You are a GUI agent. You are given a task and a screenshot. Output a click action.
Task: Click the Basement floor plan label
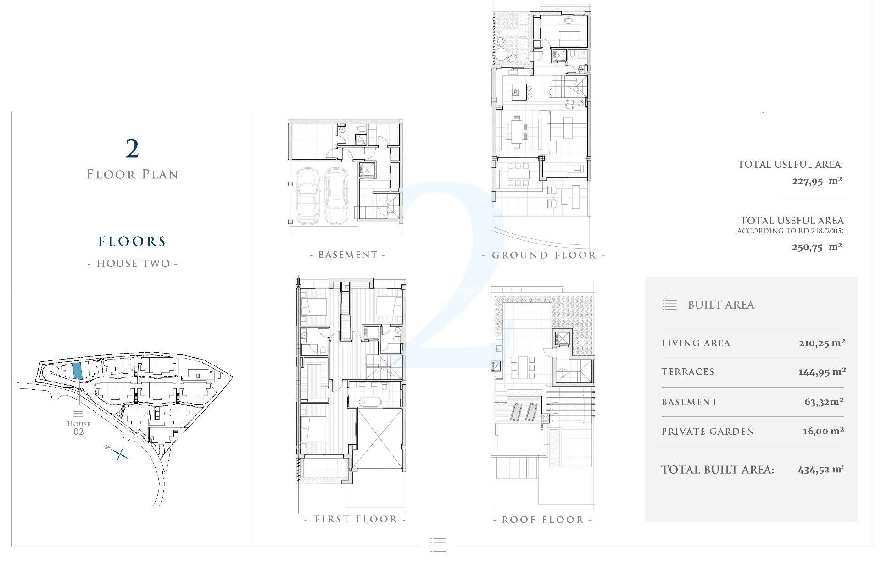point(348,255)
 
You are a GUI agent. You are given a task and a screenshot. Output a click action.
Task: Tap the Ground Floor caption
point(544,255)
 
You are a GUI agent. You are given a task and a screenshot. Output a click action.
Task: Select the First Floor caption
point(356,519)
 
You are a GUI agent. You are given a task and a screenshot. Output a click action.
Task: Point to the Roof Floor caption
point(542,520)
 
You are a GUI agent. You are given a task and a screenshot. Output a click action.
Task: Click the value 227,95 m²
point(817,181)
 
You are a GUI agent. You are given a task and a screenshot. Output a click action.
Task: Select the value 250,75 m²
point(817,247)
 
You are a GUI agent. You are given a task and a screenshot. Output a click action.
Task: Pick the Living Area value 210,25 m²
point(822,343)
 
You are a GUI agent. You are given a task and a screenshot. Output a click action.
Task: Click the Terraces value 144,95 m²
point(822,372)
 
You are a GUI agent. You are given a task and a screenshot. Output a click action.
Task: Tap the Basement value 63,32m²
point(824,402)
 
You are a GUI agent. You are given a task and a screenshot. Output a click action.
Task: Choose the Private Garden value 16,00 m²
point(823,431)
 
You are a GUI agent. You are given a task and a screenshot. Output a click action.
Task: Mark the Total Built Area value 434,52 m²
point(820,470)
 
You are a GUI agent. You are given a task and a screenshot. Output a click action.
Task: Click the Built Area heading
point(721,305)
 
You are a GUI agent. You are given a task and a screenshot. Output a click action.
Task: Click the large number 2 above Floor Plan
point(132,149)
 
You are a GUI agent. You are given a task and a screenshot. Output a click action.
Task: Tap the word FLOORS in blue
point(132,242)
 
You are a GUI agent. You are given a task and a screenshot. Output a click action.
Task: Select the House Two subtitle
point(133,263)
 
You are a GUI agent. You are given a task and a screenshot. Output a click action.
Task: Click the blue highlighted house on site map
point(78,371)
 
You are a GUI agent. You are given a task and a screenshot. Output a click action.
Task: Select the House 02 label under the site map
point(78,427)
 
